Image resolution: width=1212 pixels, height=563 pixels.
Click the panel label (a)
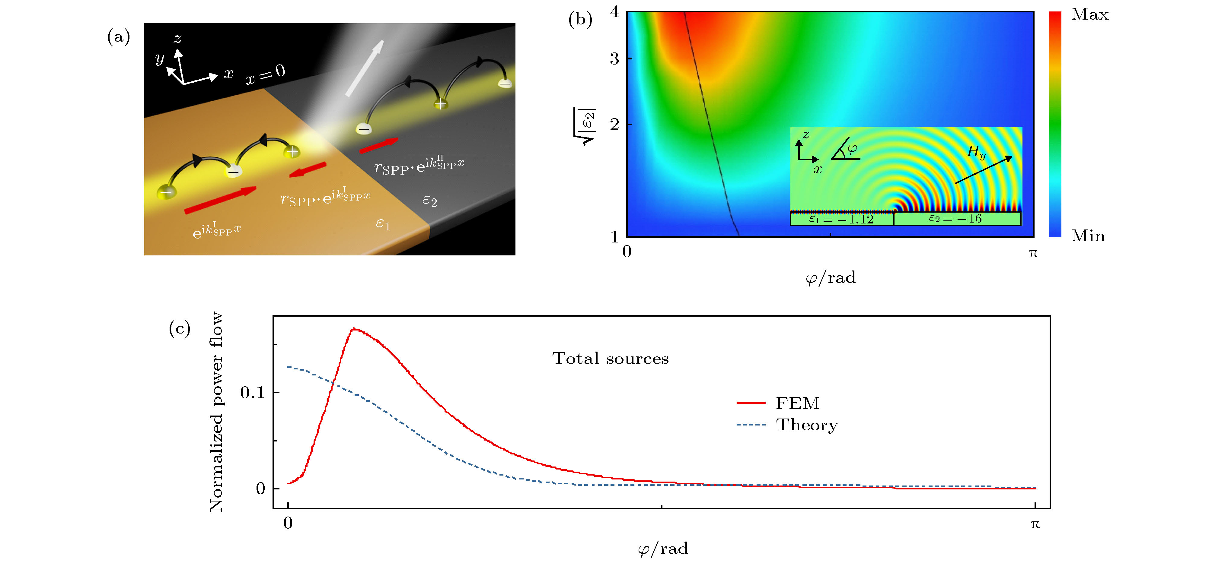pyautogui.click(x=119, y=37)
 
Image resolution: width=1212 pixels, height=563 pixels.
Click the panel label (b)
pyautogui.click(x=580, y=19)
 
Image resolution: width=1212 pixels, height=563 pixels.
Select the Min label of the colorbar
pyautogui.click(x=1088, y=236)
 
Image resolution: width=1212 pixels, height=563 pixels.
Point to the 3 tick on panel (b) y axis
pyautogui.click(x=614, y=59)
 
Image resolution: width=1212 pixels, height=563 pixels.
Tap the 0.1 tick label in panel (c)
pyautogui.click(x=253, y=392)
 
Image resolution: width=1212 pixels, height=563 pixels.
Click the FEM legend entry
pyautogui.click(x=797, y=403)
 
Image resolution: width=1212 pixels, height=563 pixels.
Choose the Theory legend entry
pyautogui.click(x=806, y=425)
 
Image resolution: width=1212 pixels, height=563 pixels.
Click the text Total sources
pyautogui.click(x=610, y=359)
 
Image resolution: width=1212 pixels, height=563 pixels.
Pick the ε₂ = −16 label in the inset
pyautogui.click(x=955, y=219)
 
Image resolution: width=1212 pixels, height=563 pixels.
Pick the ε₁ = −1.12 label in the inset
pyautogui.click(x=841, y=219)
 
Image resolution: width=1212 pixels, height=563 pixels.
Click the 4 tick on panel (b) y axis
pyautogui.click(x=614, y=12)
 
